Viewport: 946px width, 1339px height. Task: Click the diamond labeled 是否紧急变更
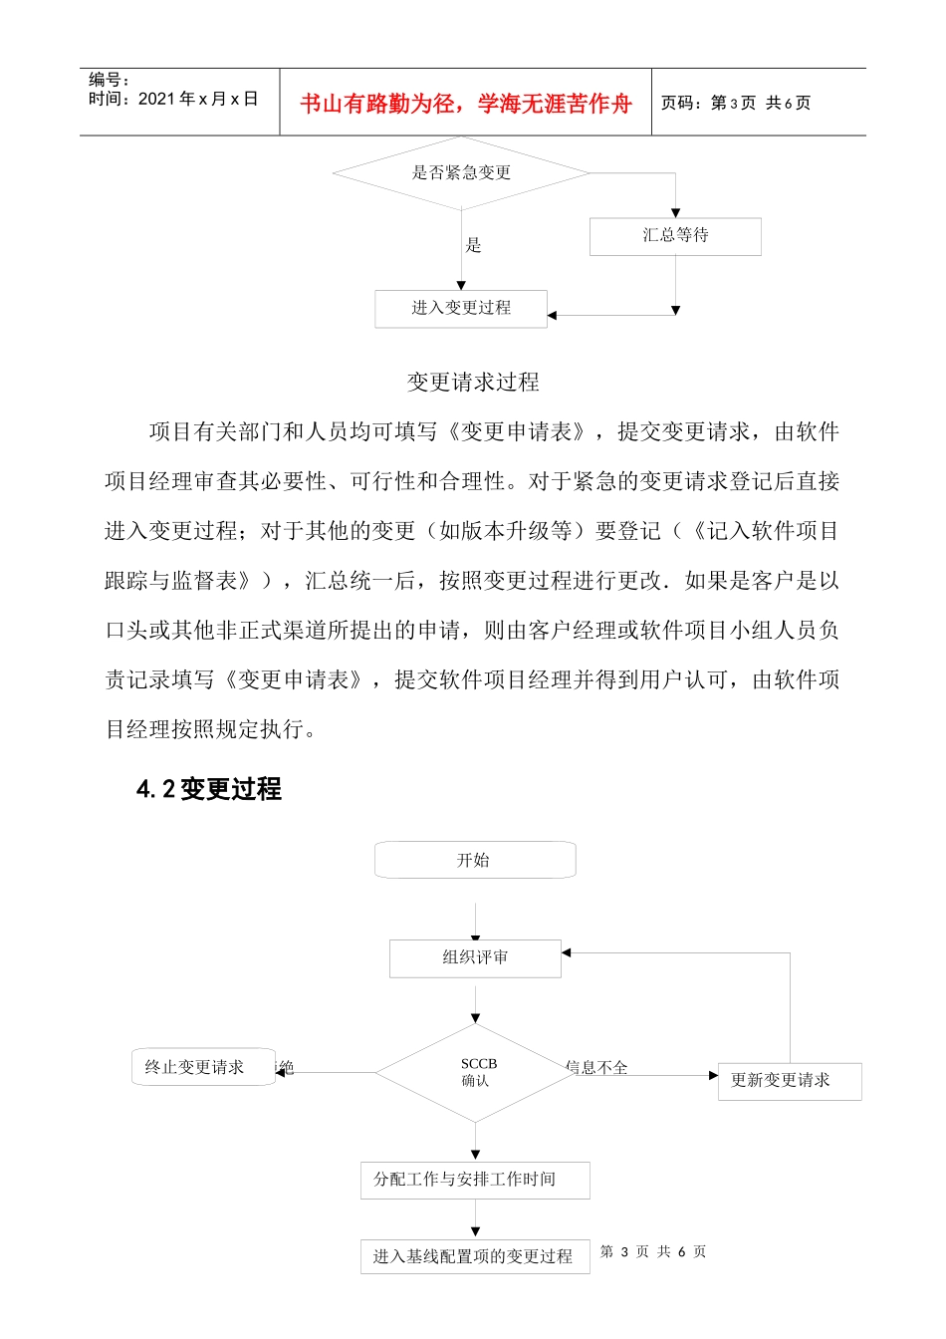point(461,173)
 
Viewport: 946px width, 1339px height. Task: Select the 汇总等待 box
point(675,236)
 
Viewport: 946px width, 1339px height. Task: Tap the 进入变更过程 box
point(461,308)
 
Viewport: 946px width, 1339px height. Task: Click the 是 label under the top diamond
point(473,245)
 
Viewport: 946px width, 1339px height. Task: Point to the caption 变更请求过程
point(473,382)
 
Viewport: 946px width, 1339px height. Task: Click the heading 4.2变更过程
point(209,789)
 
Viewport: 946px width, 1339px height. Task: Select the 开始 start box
point(474,860)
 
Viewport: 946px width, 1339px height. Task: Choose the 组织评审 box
point(475,957)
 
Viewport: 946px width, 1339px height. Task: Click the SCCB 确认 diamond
point(476,1073)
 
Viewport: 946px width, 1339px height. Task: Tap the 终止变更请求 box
point(195,1067)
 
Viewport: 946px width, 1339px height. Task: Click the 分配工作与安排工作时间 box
point(474,1180)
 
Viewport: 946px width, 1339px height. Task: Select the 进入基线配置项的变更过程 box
point(474,1256)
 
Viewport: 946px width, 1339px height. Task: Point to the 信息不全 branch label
point(597,1067)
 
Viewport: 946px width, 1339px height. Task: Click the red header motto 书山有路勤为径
point(466,104)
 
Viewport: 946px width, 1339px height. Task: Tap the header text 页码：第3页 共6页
point(736,103)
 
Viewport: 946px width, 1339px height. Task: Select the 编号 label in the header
point(109,80)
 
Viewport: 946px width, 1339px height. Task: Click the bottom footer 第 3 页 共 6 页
point(653,1251)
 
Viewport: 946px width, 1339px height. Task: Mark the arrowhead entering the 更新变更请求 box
point(713,1076)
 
